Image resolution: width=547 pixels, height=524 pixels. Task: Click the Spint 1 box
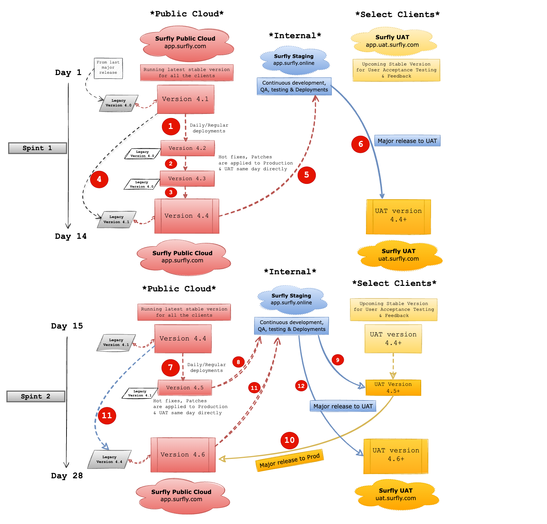tap(38, 148)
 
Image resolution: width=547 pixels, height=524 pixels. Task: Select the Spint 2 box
tap(36, 396)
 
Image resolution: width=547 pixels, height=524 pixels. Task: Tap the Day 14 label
tap(71, 236)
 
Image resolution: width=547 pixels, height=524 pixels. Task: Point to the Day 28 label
tap(67, 476)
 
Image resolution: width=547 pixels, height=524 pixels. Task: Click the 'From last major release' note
tap(108, 68)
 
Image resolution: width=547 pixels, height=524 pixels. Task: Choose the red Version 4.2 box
tap(188, 148)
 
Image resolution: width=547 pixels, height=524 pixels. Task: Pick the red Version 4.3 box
tap(187, 178)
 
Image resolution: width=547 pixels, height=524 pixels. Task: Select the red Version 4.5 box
tap(185, 388)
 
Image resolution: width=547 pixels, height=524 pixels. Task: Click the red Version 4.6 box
tap(183, 455)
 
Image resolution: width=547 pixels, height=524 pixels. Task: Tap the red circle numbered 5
tap(307, 175)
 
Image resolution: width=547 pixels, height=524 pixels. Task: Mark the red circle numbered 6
tap(360, 144)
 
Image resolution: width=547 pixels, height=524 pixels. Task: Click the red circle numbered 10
tap(290, 440)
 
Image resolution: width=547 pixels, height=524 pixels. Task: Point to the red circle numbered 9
tap(338, 360)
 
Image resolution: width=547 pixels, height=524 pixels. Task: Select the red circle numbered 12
tap(301, 386)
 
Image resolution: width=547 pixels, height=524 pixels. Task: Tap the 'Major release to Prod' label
tap(290, 461)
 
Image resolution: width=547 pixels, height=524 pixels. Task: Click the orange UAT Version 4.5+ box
tap(393, 388)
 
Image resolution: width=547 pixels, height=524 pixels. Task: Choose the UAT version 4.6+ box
tap(396, 456)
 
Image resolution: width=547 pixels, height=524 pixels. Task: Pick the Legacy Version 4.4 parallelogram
tap(109, 459)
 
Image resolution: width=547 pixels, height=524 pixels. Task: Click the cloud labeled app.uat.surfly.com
tap(393, 41)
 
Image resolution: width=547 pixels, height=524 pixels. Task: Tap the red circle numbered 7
tap(171, 367)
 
